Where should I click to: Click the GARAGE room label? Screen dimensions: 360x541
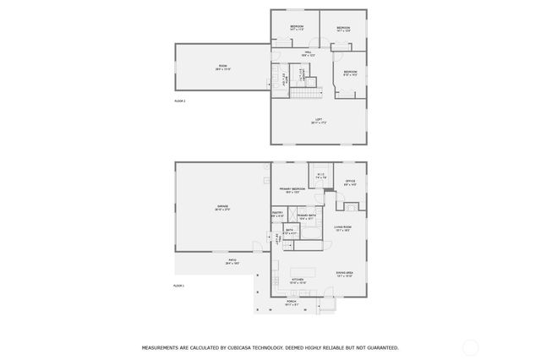point(223,207)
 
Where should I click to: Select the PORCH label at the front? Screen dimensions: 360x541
point(291,301)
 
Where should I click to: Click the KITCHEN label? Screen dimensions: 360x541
point(298,279)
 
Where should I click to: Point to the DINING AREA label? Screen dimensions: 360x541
point(343,273)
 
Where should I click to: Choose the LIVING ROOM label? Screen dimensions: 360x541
point(342,227)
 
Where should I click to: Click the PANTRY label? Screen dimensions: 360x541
point(277,213)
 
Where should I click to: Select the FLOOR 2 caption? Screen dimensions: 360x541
point(179,101)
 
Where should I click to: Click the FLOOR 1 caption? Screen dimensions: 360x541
point(178,286)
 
